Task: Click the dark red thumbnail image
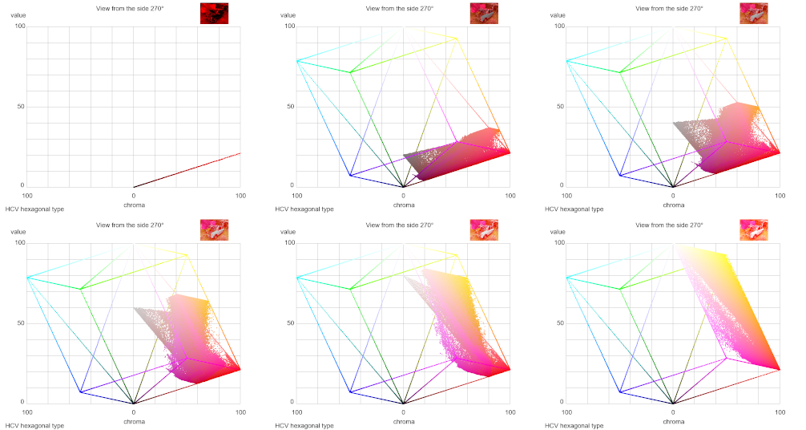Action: (214, 13)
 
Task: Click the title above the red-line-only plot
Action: (129, 8)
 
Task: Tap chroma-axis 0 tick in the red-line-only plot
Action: (134, 195)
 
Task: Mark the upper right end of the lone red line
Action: (240, 152)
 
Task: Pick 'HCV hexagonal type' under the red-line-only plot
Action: (34, 209)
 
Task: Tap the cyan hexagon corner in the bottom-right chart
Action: (566, 278)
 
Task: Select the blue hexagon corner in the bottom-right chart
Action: (620, 392)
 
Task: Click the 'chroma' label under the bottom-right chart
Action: (674, 421)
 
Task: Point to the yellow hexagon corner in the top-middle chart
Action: (457, 39)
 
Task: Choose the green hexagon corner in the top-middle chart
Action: (350, 72)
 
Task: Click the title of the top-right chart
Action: (669, 8)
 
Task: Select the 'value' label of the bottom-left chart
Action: (18, 232)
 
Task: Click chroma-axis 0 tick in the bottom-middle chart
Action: (403, 412)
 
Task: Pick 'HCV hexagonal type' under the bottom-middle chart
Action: (304, 425)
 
